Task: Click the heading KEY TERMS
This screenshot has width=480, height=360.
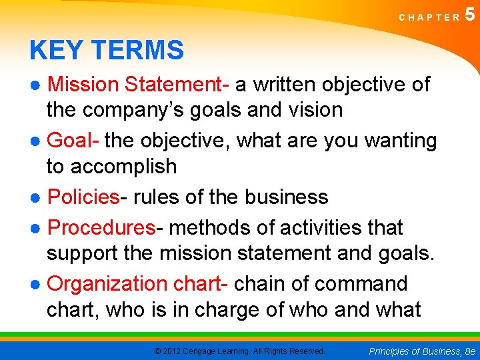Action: [x=107, y=50]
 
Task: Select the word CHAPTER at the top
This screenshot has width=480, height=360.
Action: [x=429, y=17]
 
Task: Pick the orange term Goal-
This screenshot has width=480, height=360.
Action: [x=74, y=141]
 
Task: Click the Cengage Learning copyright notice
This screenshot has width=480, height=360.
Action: [x=239, y=351]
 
